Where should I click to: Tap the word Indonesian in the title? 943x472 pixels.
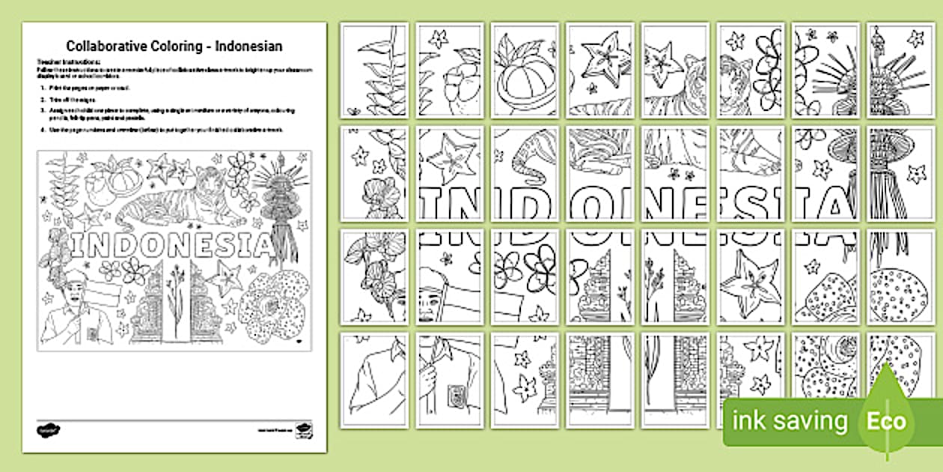(x=248, y=46)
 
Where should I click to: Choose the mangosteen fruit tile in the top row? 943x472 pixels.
(x=525, y=70)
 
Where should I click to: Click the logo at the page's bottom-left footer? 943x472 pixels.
(x=47, y=430)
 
